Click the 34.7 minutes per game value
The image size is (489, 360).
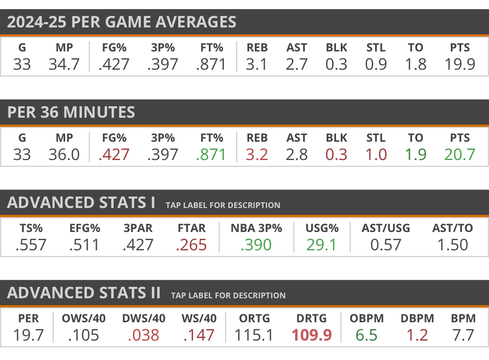pyautogui.click(x=64, y=64)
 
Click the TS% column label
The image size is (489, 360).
pyautogui.click(x=31, y=228)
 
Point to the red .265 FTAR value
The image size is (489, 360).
pyautogui.click(x=191, y=244)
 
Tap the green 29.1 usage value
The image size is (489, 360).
pyautogui.click(x=321, y=244)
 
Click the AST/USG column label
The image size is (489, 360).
pyautogui.click(x=386, y=228)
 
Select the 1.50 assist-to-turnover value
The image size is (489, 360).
pyautogui.click(x=453, y=244)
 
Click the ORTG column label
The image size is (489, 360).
pyautogui.click(x=255, y=318)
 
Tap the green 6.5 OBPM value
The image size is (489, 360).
pyautogui.click(x=366, y=335)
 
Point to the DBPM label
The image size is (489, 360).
pyautogui.click(x=417, y=318)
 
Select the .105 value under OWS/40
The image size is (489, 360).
pyautogui.click(x=84, y=335)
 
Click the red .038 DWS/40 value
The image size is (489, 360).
pyautogui.click(x=144, y=335)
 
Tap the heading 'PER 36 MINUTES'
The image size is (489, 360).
pyautogui.click(x=71, y=112)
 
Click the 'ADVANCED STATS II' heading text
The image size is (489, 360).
pyautogui.click(x=84, y=293)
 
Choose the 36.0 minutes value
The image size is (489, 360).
pyautogui.click(x=64, y=154)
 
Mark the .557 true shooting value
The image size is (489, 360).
pyautogui.click(x=31, y=244)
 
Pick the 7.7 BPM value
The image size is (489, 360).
pyautogui.click(x=463, y=335)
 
